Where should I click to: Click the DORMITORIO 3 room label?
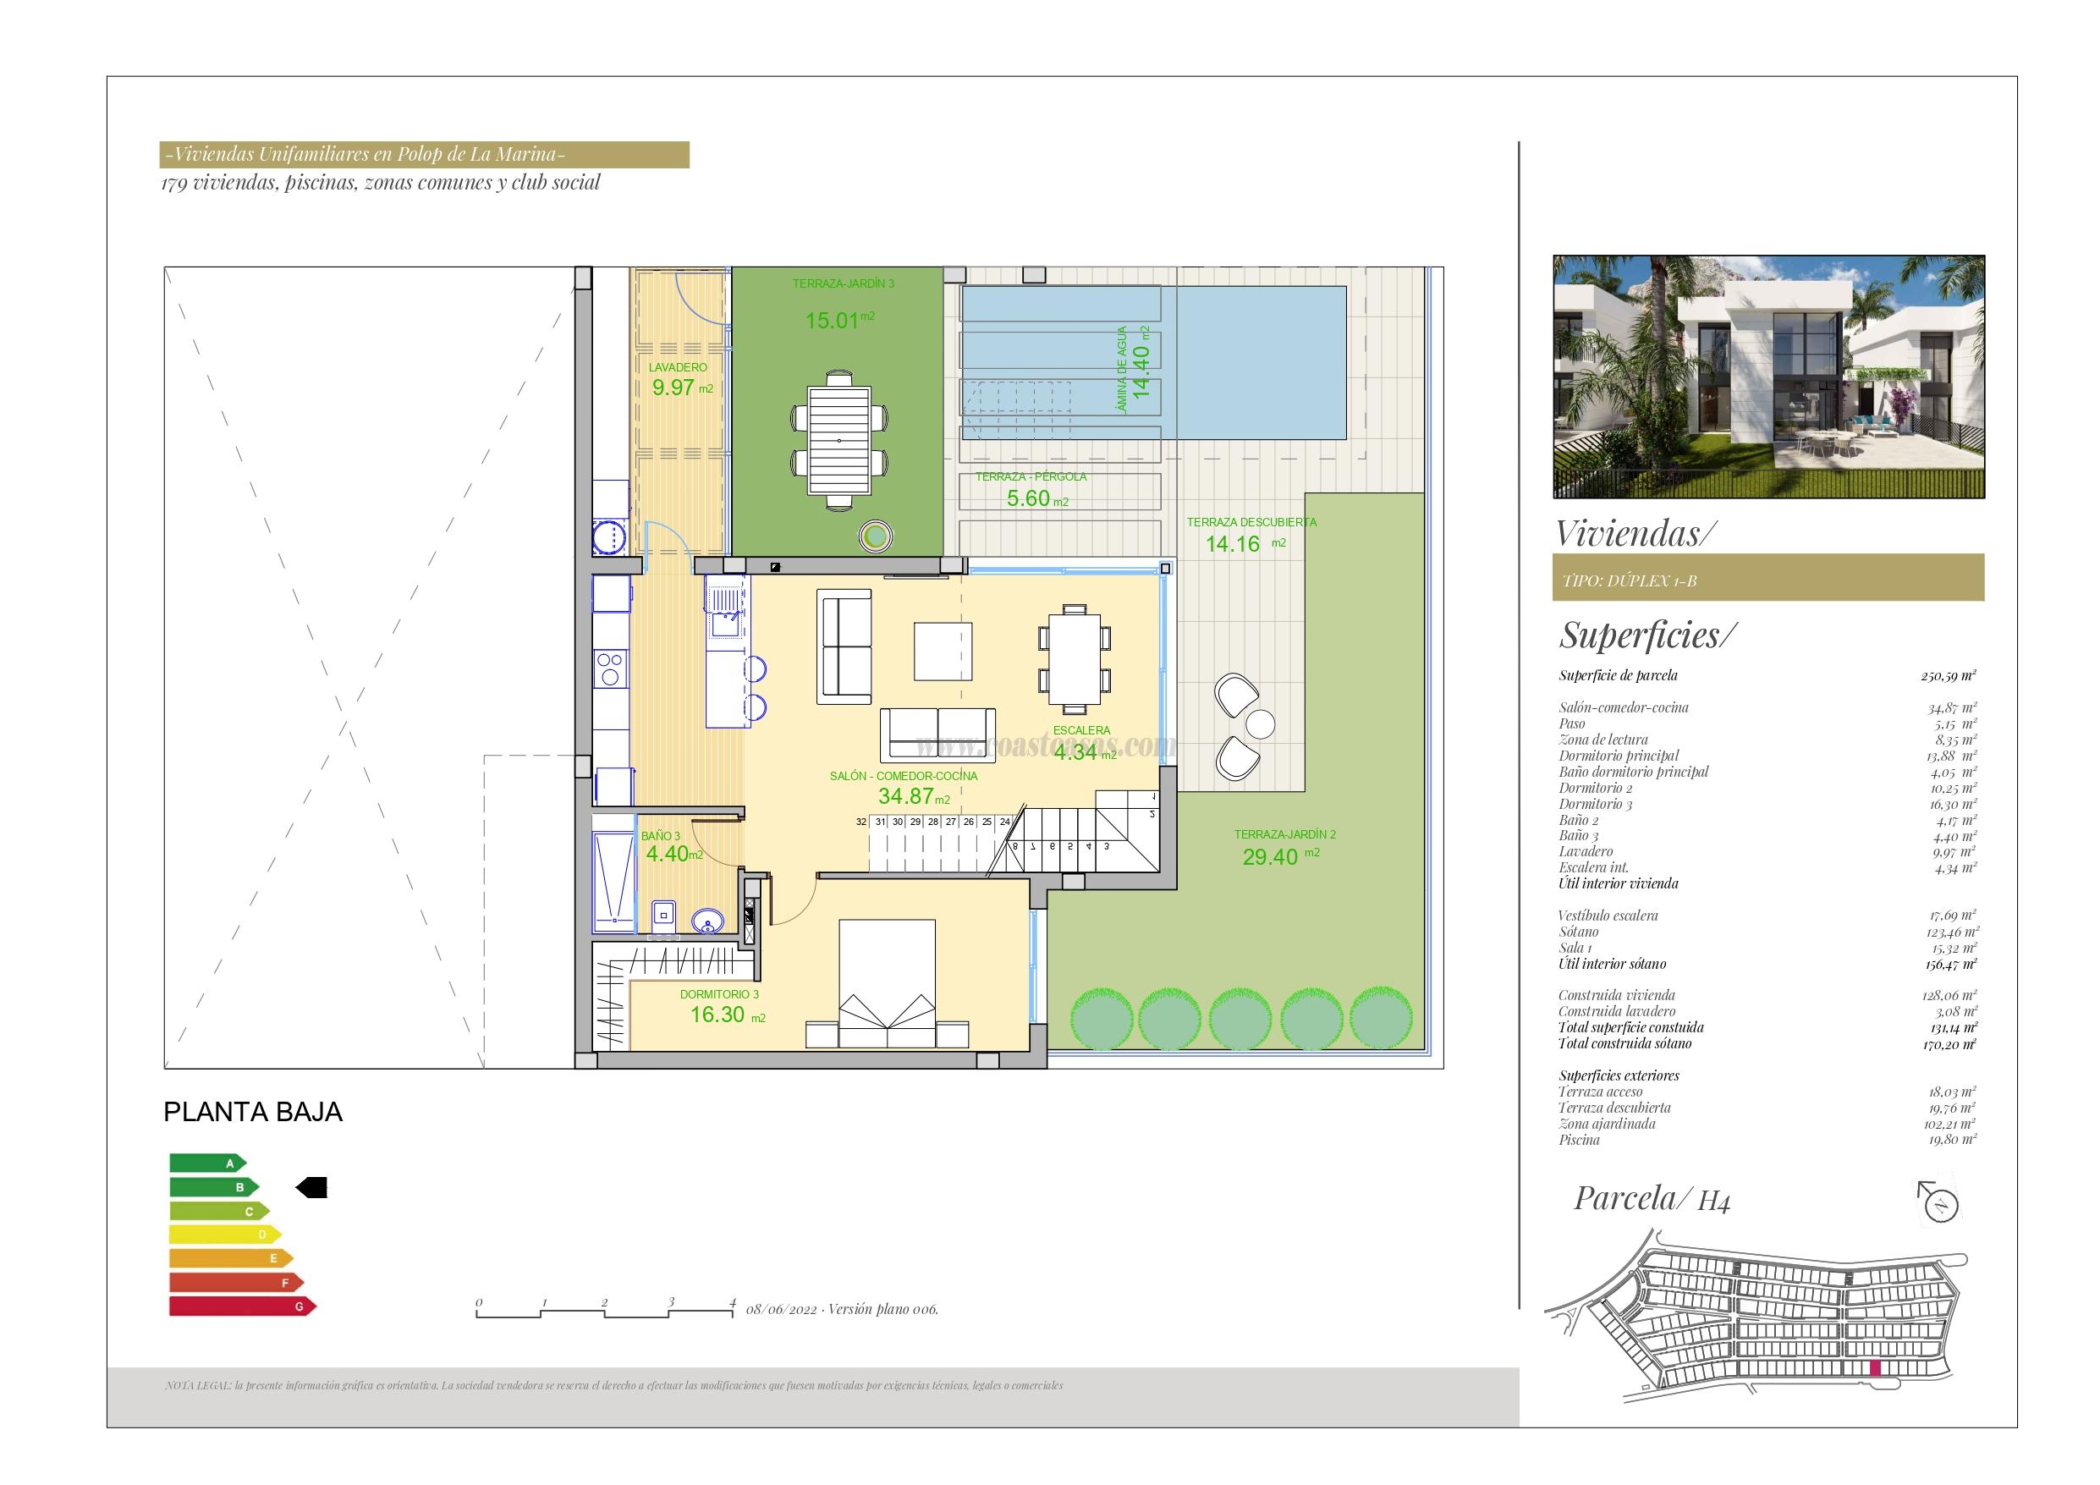tap(719, 994)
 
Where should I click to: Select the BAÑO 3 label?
tap(659, 836)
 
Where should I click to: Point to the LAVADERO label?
tap(677, 368)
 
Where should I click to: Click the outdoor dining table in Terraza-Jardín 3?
tap(838, 441)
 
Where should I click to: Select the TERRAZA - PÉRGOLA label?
tap(1030, 476)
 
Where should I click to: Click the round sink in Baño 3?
tap(706, 921)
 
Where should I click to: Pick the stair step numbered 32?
tap(860, 822)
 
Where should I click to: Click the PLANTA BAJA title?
tap(252, 1113)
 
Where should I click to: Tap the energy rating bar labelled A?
tap(207, 1163)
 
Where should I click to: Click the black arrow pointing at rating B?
tap(311, 1188)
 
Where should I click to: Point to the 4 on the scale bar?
tap(733, 1302)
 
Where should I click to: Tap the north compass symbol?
tap(1938, 1203)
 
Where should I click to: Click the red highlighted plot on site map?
tap(1874, 1394)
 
